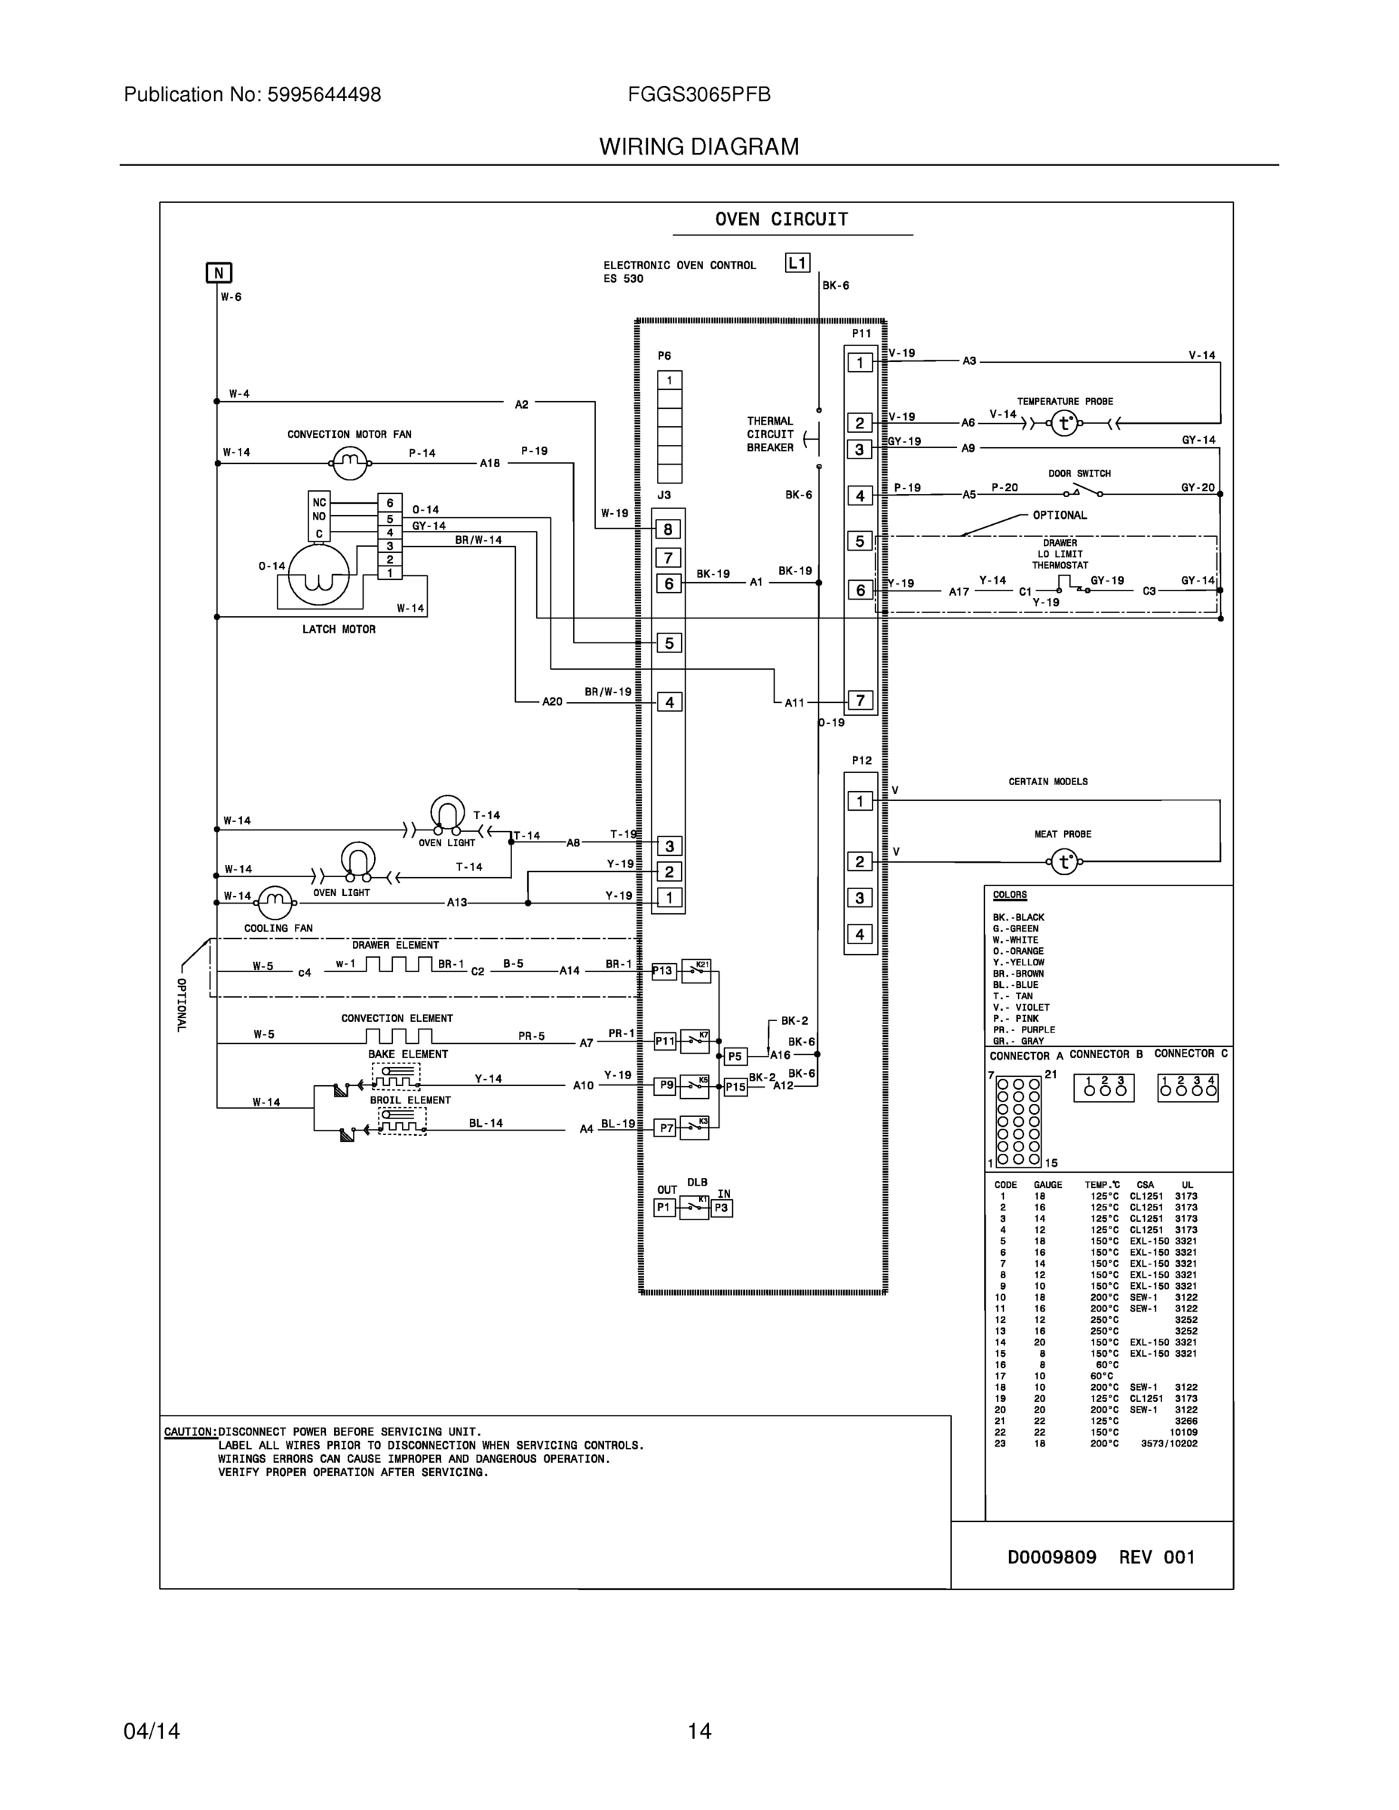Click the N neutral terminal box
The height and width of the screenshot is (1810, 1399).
click(219, 273)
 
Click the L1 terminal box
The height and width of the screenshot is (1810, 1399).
click(797, 263)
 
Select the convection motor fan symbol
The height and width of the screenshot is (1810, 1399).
click(350, 462)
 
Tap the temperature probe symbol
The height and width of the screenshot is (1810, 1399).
click(1064, 424)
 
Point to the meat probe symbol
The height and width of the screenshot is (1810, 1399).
click(1064, 863)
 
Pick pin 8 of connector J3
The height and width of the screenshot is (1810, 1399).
click(668, 529)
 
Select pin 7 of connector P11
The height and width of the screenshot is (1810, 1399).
click(861, 701)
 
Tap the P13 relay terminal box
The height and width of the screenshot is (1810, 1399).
click(663, 971)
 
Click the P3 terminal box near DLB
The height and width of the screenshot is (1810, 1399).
click(721, 1208)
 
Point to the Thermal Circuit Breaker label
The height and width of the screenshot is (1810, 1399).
click(770, 434)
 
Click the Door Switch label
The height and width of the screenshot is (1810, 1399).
click(1079, 473)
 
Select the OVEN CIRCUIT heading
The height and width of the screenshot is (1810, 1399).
click(781, 219)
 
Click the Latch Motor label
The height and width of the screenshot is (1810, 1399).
click(338, 630)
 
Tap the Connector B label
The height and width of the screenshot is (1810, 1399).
click(1106, 1054)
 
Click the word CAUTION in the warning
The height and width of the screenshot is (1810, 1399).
click(190, 1431)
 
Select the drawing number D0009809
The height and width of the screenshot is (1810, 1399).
click(1051, 1557)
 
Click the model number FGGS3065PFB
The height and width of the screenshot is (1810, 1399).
click(698, 95)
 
